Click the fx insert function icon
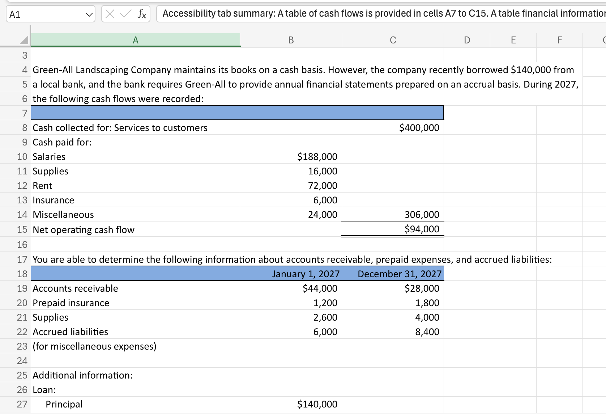tap(142, 14)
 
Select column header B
tap(291, 40)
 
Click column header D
tap(467, 40)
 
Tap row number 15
tap(22, 229)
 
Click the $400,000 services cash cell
tap(419, 128)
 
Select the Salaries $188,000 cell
tap(317, 157)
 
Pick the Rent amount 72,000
tap(323, 186)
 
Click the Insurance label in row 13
tap(54, 200)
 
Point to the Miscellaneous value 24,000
tap(323, 215)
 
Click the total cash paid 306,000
tap(422, 215)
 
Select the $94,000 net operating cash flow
tap(422, 229)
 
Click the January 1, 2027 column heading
tap(306, 274)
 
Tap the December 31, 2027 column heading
tap(400, 274)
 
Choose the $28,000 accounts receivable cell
tap(422, 288)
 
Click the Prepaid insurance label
tap(71, 303)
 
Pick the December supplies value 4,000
tap(427, 317)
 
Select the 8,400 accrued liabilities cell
tap(427, 332)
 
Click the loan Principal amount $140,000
tap(317, 404)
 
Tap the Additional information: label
tap(83, 375)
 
